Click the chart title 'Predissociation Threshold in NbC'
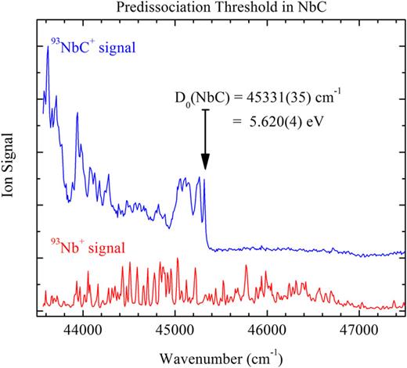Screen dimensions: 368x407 point(222,9)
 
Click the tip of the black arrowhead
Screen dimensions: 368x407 point(205,169)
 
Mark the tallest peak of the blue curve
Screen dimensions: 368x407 point(49,46)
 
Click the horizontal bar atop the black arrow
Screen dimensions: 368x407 point(205,109)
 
